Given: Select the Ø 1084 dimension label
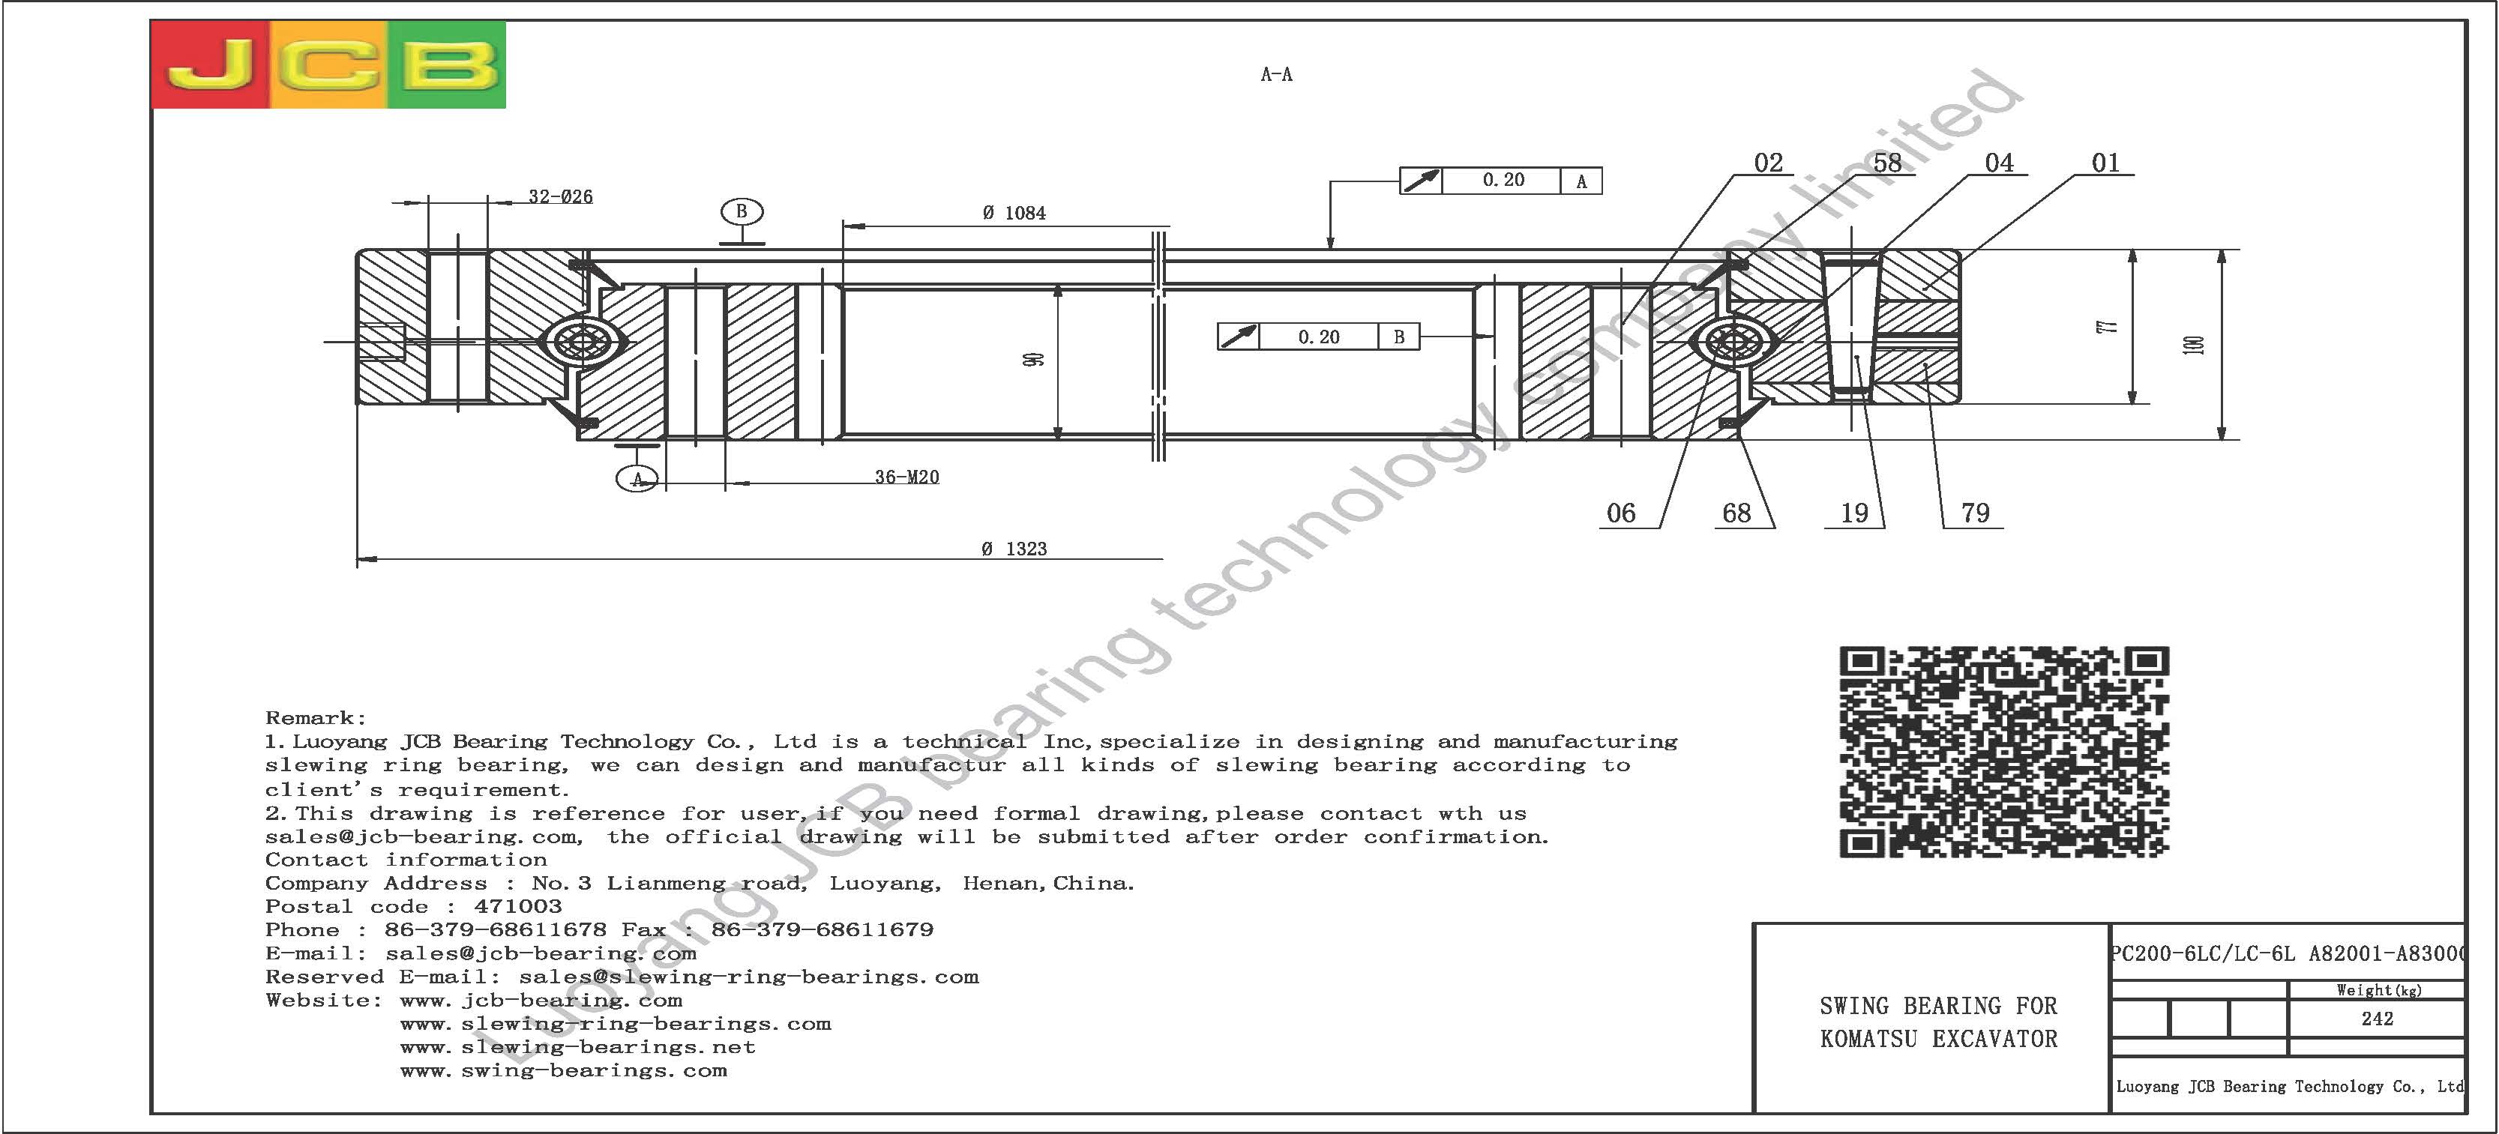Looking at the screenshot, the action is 1014,212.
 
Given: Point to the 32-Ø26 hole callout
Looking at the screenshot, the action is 560,196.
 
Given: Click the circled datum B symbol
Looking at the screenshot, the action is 742,211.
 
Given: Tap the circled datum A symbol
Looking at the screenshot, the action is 637,478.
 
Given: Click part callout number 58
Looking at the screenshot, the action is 1887,163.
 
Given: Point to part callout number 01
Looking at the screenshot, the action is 2105,163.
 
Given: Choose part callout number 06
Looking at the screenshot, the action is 1621,513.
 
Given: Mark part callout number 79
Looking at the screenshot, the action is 1975,513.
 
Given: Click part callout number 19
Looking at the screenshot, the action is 1854,513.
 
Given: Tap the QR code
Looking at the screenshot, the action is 2003,752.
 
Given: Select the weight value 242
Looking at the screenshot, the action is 2377,1019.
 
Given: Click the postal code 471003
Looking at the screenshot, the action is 518,906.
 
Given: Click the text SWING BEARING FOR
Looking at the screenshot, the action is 1938,1006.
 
